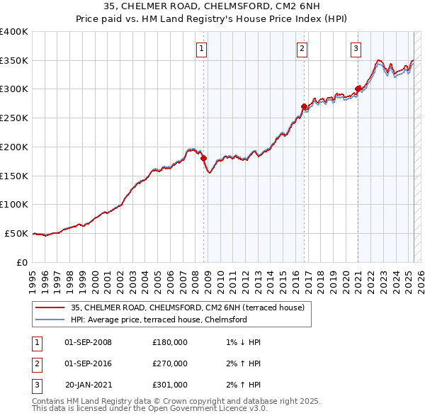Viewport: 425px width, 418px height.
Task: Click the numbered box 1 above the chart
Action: tap(202, 49)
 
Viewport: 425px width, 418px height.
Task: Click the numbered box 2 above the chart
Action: tap(302, 49)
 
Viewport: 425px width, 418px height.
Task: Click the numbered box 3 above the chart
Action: tap(356, 49)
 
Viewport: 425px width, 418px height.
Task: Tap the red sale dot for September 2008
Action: tap(204, 159)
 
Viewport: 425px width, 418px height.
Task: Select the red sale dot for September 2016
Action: tap(304, 107)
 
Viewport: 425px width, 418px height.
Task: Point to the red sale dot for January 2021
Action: tap(358, 89)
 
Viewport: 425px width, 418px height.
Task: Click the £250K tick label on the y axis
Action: tap(13, 118)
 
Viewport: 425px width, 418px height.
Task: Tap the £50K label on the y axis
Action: tap(16, 233)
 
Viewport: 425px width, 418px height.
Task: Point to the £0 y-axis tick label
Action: tap(21, 262)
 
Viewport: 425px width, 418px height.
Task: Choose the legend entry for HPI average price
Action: tap(159, 320)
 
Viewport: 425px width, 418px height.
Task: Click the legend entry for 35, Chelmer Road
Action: tap(187, 307)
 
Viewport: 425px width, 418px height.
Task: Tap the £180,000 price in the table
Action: tap(170, 342)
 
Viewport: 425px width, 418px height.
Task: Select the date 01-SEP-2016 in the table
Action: tap(88, 363)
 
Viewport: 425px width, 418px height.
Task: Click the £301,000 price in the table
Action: tap(170, 385)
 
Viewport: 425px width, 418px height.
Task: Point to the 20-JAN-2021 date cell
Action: tap(88, 385)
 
